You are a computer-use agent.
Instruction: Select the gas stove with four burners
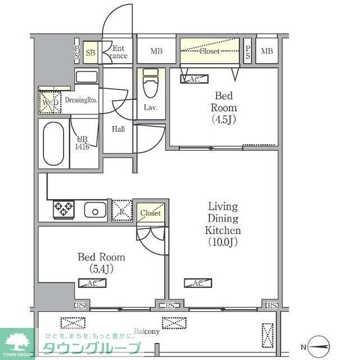(x=63, y=209)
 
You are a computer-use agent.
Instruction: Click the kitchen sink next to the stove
(x=94, y=210)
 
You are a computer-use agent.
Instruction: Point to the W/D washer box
(x=49, y=102)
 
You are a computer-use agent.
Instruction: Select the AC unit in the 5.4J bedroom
(x=96, y=283)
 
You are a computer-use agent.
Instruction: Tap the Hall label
(x=118, y=129)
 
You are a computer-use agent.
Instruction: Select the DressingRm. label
(x=82, y=100)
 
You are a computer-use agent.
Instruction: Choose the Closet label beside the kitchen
(x=151, y=214)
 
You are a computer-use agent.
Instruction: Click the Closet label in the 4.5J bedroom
(x=210, y=51)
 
